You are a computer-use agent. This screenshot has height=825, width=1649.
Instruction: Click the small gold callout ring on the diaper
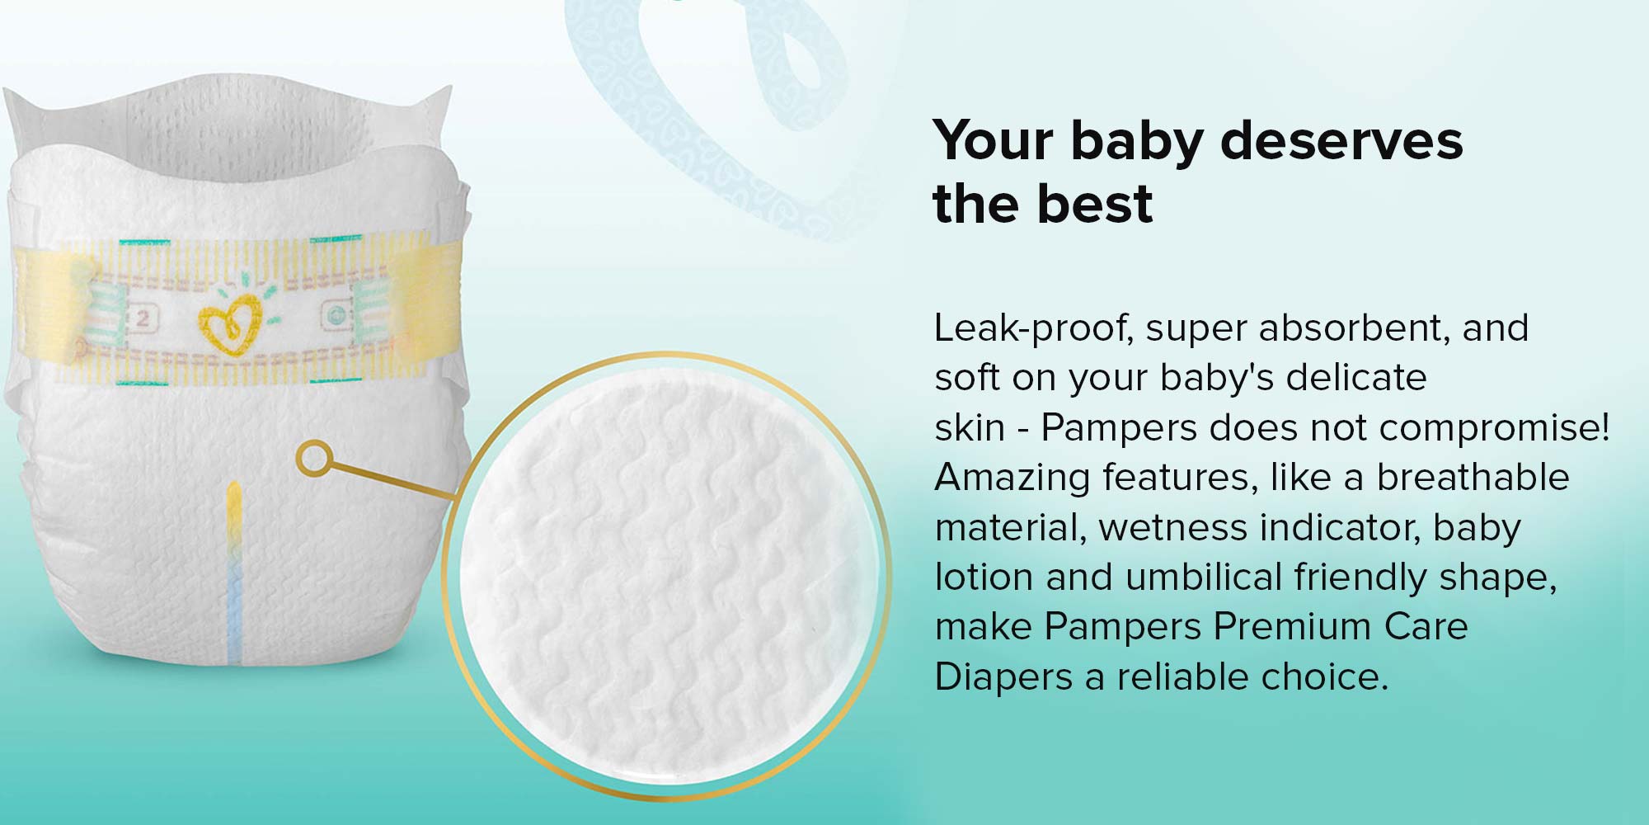point(314,458)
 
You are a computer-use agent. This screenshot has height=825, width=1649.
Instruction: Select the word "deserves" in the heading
point(1341,140)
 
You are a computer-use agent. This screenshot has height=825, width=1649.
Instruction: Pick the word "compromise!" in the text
point(1494,427)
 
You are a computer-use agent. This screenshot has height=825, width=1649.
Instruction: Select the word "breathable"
point(1473,477)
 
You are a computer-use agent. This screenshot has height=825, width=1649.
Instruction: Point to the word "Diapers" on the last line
point(1003,677)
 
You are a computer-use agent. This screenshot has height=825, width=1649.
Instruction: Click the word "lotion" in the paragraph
point(984,577)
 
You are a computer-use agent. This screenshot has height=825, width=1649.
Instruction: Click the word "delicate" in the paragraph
point(1356,377)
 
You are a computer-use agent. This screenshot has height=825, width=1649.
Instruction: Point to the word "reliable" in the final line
point(1182,676)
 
